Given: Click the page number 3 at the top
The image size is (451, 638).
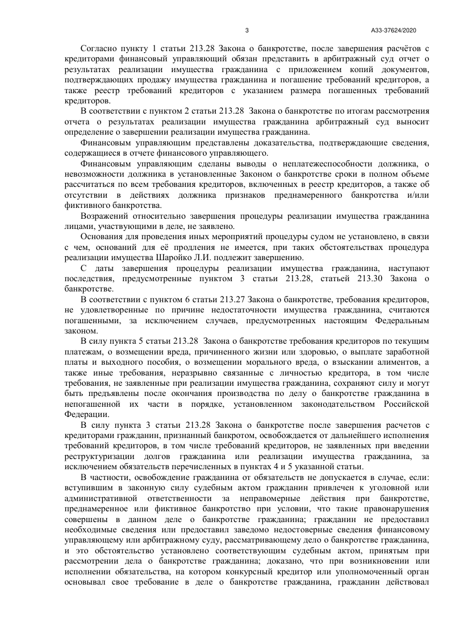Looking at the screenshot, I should point(247,31).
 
